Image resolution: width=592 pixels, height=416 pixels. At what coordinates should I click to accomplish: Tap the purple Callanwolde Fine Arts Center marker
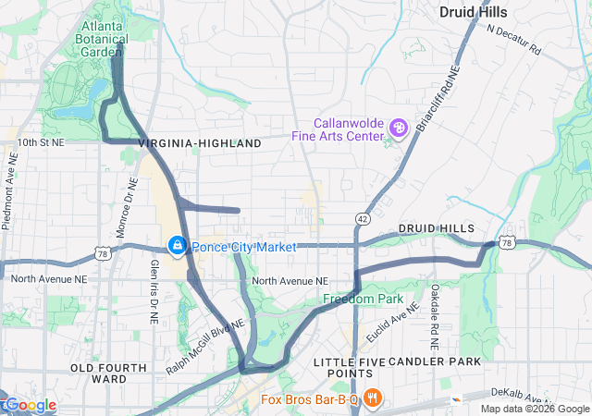pos(399,128)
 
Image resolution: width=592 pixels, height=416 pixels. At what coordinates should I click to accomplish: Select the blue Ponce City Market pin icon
pos(176,246)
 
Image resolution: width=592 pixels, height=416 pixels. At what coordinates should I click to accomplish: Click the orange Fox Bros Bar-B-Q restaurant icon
pos(372,399)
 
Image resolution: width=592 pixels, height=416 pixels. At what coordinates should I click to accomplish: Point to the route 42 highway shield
pos(361,217)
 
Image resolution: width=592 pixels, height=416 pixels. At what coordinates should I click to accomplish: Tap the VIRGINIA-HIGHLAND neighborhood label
pos(200,144)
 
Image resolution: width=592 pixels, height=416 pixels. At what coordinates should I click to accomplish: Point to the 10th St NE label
pos(41,143)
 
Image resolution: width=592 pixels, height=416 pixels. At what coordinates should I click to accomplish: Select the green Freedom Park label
pos(364,300)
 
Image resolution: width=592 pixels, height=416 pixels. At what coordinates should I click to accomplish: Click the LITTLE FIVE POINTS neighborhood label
pos(347,367)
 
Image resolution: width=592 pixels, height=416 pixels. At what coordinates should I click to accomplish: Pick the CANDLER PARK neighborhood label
pos(435,361)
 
